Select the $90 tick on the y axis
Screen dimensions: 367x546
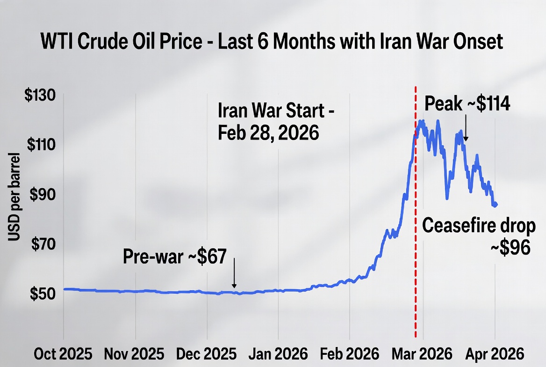pyautogui.click(x=40, y=195)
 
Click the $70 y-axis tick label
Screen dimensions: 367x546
pyautogui.click(x=40, y=244)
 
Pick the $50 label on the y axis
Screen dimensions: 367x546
pyautogui.click(x=40, y=294)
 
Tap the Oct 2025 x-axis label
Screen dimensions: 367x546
pyautogui.click(x=63, y=352)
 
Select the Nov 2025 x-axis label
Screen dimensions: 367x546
pyautogui.click(x=135, y=352)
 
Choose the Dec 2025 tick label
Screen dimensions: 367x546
pyautogui.click(x=206, y=352)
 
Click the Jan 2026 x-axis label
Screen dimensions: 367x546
pyautogui.click(x=278, y=352)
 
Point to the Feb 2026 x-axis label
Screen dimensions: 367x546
pyautogui.click(x=350, y=352)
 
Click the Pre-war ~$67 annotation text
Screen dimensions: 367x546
pyautogui.click(x=175, y=256)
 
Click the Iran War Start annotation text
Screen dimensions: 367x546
pyautogui.click(x=276, y=122)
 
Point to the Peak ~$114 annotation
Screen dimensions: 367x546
pyautogui.click(x=467, y=104)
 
